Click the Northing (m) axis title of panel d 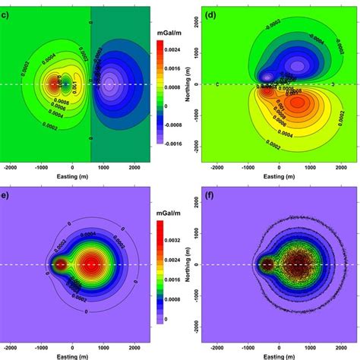click(x=191, y=84)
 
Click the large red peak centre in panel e click(x=91, y=266)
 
